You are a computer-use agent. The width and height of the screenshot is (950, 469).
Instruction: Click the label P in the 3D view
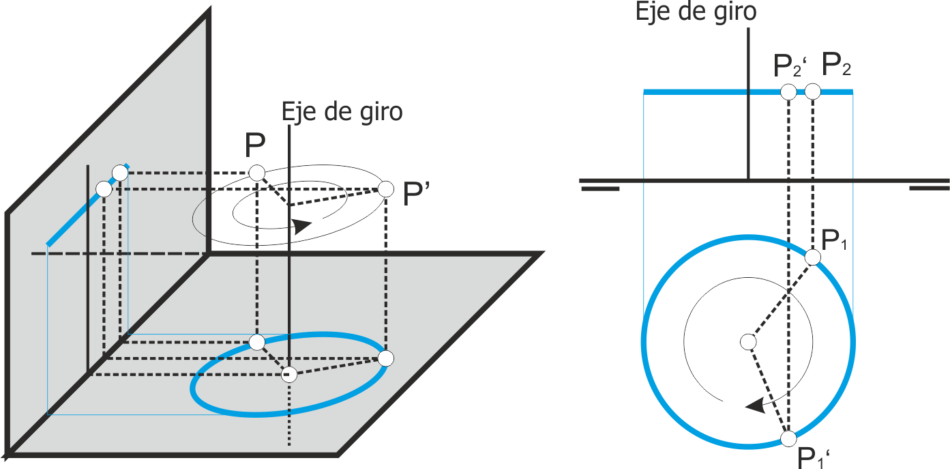tap(255, 145)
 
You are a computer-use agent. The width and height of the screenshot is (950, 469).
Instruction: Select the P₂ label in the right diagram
tap(836, 66)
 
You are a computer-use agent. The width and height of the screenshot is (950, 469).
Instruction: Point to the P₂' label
tap(790, 66)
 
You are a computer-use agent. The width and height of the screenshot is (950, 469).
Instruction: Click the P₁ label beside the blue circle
tap(834, 241)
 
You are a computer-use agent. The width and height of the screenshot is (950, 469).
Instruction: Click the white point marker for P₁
tap(813, 257)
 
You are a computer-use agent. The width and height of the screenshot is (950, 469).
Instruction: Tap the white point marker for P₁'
tap(788, 439)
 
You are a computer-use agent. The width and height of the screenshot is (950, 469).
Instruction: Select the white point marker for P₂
tap(813, 91)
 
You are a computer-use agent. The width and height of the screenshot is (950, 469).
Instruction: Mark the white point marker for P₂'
tap(788, 91)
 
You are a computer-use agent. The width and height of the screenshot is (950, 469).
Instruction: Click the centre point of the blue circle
tap(748, 342)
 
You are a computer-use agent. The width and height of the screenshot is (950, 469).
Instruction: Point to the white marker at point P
tap(256, 173)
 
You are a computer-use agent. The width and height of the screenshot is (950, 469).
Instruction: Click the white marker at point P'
tap(385, 189)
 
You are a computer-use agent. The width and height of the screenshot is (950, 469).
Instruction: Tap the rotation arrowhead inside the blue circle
tap(756, 406)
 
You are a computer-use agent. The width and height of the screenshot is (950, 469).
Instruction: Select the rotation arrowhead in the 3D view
tap(302, 226)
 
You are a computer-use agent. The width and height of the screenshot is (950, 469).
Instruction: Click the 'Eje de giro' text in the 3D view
tap(342, 112)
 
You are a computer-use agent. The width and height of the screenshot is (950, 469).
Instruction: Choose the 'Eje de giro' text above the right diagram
tap(696, 12)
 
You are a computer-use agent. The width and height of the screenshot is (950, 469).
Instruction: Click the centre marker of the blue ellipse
tap(289, 374)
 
